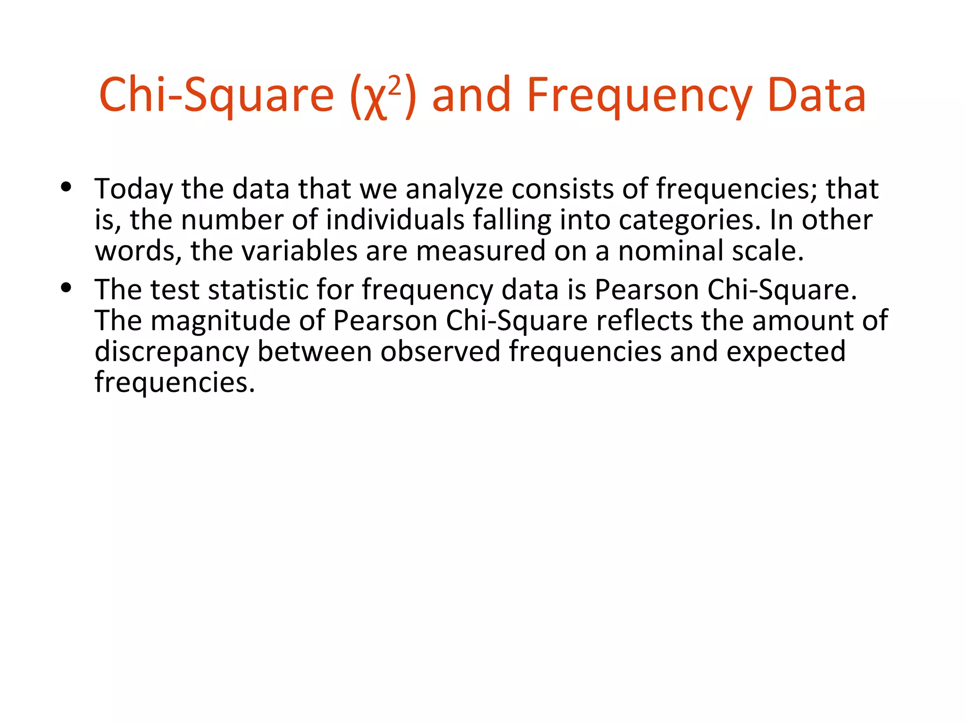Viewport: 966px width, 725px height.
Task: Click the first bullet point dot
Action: coord(66,187)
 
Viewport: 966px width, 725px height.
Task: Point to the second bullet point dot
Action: coord(66,287)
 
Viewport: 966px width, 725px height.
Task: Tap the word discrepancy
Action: coord(172,352)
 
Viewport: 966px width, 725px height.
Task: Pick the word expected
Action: coord(786,352)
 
